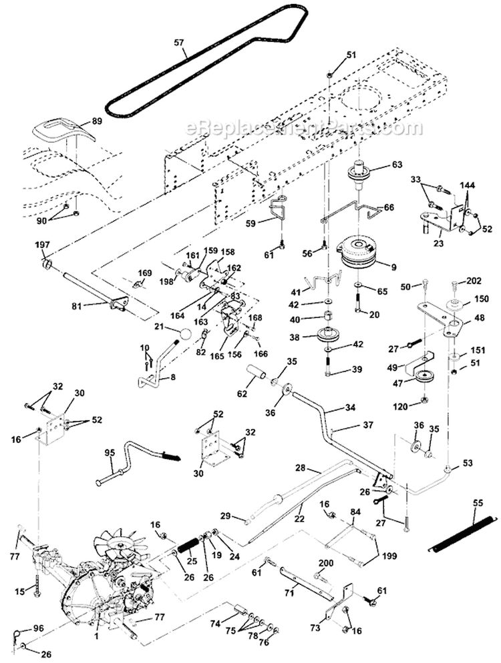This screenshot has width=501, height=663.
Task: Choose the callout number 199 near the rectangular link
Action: [389, 554]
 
